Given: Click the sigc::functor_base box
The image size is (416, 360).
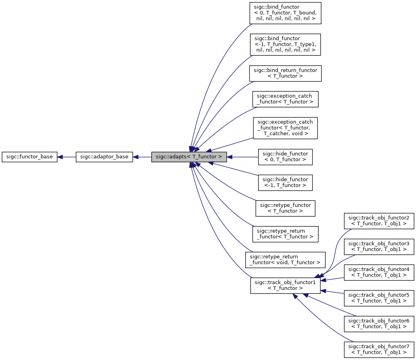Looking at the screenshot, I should [x=30, y=157].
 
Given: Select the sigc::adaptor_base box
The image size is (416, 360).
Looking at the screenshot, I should [x=104, y=157].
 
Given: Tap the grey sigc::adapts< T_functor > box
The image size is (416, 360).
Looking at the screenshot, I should [x=189, y=157].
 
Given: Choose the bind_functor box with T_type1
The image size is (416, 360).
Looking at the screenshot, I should [x=285, y=44].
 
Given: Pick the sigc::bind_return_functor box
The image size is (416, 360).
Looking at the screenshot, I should [x=285, y=73].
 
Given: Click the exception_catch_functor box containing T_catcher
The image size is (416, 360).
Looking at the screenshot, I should [x=285, y=128].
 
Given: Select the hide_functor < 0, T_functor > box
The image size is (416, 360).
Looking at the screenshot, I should [x=285, y=157].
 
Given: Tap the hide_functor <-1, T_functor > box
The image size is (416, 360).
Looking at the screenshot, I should [x=285, y=182].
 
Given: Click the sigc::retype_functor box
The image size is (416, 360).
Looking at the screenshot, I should [x=285, y=208].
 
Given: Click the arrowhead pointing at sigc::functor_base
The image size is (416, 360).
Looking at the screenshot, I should [x=60, y=157].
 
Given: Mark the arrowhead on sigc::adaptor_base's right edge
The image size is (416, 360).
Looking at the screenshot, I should [x=135, y=157].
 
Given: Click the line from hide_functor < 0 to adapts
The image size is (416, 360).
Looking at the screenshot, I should [x=244, y=157].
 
